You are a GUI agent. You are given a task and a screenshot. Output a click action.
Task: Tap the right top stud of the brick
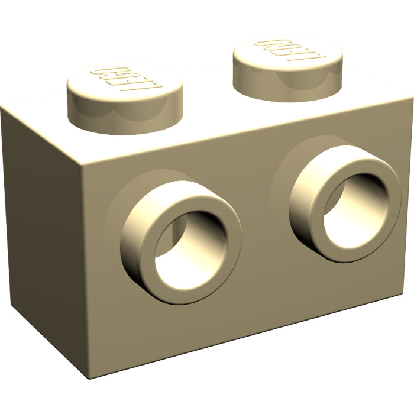coord(288,59)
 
